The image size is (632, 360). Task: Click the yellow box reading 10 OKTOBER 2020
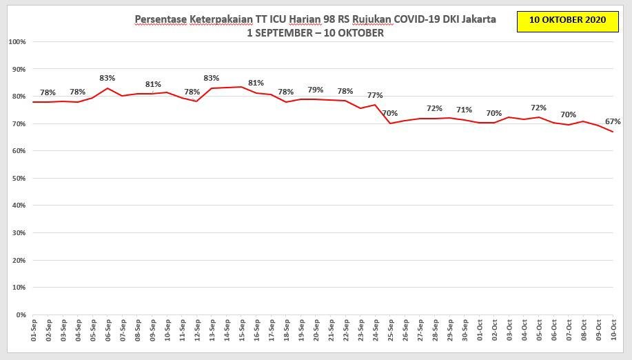coord(567,21)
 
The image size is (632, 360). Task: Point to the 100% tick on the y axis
coord(17,42)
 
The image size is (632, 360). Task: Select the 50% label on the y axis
coord(19,179)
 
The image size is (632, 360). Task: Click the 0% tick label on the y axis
coord(21,315)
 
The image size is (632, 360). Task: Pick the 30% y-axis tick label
coord(19,233)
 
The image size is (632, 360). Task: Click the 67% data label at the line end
coord(613,121)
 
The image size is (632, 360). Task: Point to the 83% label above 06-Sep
coord(107,78)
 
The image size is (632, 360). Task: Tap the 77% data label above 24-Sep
coord(374,95)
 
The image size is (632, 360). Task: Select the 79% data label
coord(315,90)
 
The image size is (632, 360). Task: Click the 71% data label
coord(464,110)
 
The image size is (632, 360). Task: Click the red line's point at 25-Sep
coord(389,123)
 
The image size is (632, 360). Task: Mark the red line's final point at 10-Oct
coord(613,132)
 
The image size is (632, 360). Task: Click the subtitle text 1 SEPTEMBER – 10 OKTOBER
coord(315,32)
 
